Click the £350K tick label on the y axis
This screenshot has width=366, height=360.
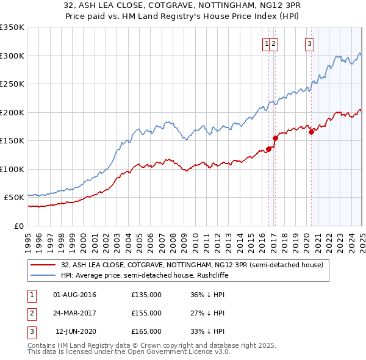13,27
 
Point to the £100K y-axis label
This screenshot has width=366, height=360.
13,169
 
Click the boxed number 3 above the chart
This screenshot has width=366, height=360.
310,43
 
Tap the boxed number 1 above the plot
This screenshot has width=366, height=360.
267,43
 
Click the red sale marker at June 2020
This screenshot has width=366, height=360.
311,132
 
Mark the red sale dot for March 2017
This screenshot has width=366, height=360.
275,138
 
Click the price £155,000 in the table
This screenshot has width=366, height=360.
146,313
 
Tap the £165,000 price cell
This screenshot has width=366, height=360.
146,331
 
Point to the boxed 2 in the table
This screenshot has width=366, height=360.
31,314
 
